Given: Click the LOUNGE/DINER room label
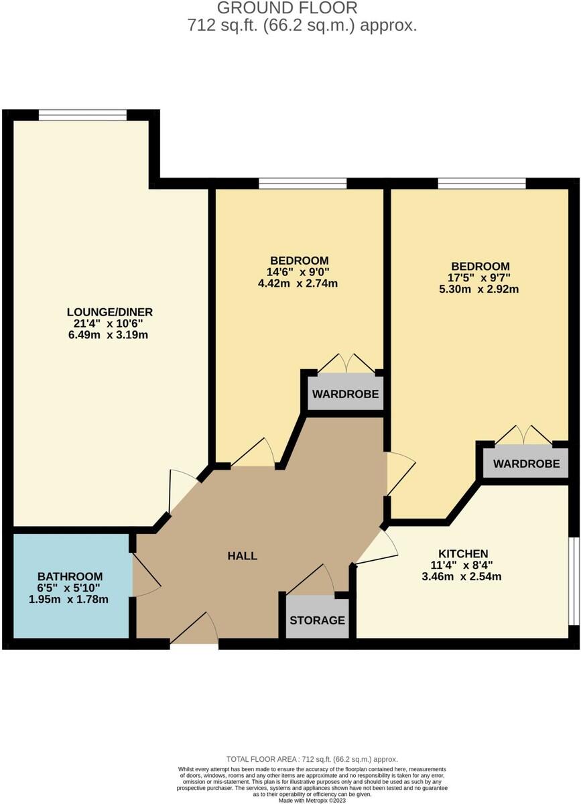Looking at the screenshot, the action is [x=110, y=312].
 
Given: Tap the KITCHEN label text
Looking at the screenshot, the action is [x=463, y=553].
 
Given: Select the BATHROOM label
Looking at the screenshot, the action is [x=70, y=576].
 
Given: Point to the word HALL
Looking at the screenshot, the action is [x=243, y=556].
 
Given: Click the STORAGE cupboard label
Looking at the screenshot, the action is [x=317, y=620].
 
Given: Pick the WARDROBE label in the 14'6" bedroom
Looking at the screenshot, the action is [x=345, y=394].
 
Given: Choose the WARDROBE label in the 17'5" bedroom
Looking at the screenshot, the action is [x=527, y=464].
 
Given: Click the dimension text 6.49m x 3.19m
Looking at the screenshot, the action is [x=108, y=335].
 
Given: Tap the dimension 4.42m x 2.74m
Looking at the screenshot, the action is [x=298, y=283].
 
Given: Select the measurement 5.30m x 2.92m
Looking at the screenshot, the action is [x=478, y=289].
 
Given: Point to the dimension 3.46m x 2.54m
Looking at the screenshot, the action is [x=462, y=577].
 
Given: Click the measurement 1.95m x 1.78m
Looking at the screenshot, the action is [x=68, y=600].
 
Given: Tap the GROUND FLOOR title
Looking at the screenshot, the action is [x=287, y=8].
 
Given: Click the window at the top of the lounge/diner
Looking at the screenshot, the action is [x=82, y=115].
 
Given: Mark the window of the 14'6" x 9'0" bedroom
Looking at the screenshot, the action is [x=303, y=184].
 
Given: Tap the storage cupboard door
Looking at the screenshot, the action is [x=312, y=578].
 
